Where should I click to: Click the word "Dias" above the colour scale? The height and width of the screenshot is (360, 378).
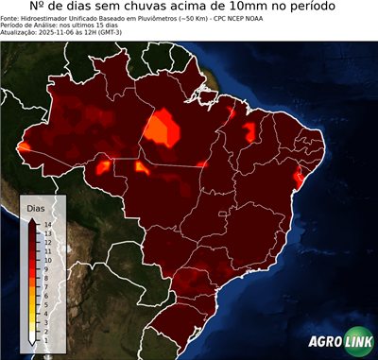click(36, 207)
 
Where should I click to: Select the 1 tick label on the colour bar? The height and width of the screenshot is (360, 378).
click(46, 327)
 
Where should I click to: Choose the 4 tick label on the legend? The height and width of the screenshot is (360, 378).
click(46, 303)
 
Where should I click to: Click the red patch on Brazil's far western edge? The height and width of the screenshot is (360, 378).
click(23, 146)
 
